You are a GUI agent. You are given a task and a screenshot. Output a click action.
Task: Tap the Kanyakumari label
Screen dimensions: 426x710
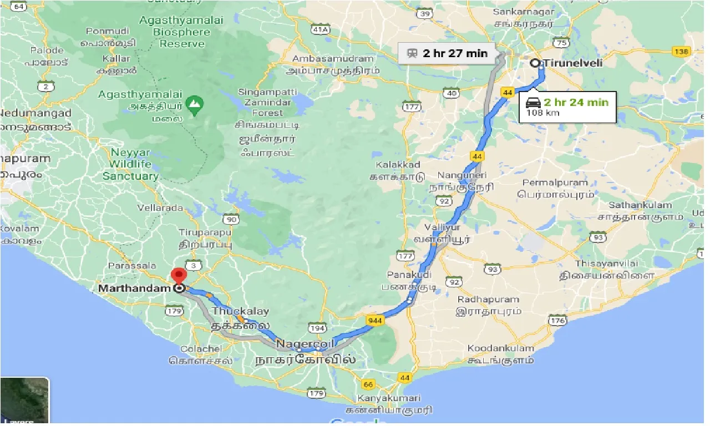[389, 398]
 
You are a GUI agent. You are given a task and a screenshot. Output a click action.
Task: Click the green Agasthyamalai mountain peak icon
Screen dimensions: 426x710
[194, 103]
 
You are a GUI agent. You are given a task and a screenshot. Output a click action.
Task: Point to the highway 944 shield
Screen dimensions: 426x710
[373, 320]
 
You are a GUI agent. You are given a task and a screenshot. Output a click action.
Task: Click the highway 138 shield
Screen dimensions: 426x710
[681, 52]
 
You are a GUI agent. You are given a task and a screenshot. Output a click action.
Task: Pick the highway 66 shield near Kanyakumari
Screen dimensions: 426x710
[367, 384]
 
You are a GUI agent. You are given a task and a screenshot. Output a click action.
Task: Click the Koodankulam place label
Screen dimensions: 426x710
[500, 348]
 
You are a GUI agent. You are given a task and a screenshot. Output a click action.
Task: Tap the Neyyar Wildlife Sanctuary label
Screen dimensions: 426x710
[131, 164]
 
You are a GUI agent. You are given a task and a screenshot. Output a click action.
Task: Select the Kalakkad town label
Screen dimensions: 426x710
[398, 165]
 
